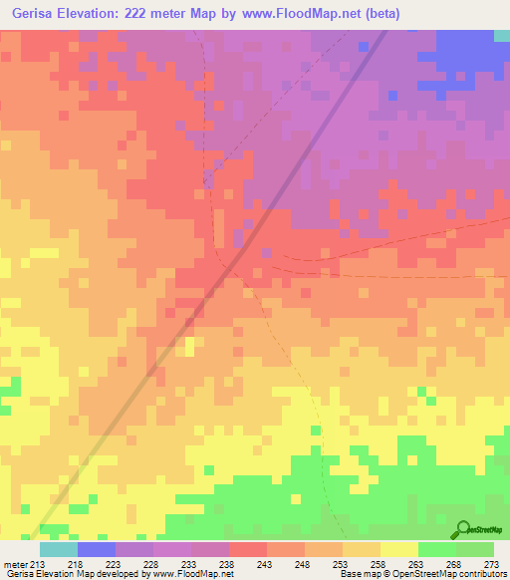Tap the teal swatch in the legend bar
tap(59, 549)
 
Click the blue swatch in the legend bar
tap(97, 549)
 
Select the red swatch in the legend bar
tap(248, 549)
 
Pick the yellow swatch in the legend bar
tap(399, 549)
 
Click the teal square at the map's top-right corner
tap(502, 35)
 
